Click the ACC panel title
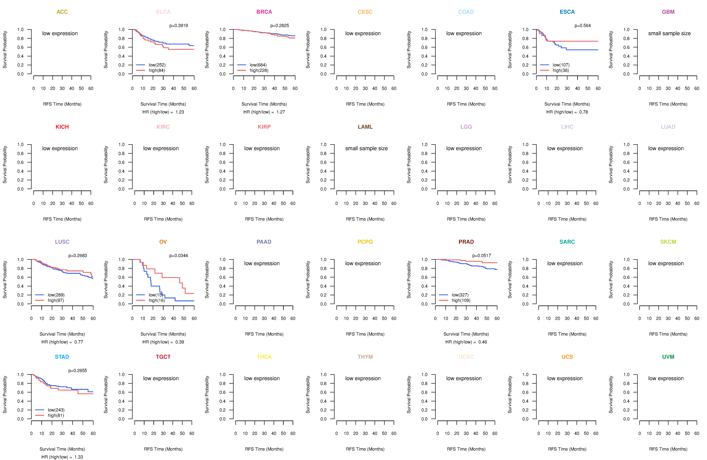coord(62,12)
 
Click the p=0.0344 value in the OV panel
coord(179,255)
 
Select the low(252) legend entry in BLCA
coord(157,65)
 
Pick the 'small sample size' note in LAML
coord(366,148)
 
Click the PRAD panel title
coord(466,242)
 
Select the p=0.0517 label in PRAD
coord(482,255)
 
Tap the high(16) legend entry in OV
coord(157,300)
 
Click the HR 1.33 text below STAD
coord(62,457)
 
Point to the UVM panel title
coord(668,357)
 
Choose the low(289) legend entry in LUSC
coord(56,295)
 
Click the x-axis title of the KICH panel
coord(62,219)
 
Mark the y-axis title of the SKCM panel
coord(611,280)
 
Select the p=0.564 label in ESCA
coord(583,26)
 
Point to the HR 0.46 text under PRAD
coord(466,342)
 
